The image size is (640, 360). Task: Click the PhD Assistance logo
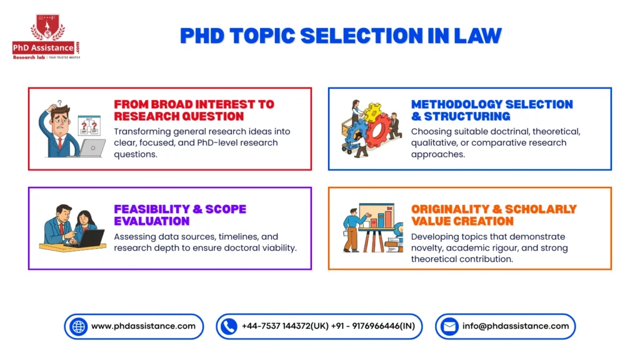[x=46, y=37]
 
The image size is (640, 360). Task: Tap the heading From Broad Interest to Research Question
[x=194, y=110]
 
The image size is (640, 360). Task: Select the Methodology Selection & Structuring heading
[x=492, y=110]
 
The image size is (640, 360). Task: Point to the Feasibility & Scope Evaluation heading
[x=180, y=215]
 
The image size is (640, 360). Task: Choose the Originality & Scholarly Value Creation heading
[x=494, y=215]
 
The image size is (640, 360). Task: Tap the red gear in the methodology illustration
[x=378, y=128]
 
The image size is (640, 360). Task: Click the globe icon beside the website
[x=78, y=326]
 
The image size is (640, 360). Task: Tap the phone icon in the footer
[x=229, y=326]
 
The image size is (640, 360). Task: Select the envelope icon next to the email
[x=449, y=326]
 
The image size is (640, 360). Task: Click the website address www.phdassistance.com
[x=143, y=326]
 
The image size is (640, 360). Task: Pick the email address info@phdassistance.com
[x=516, y=326]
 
